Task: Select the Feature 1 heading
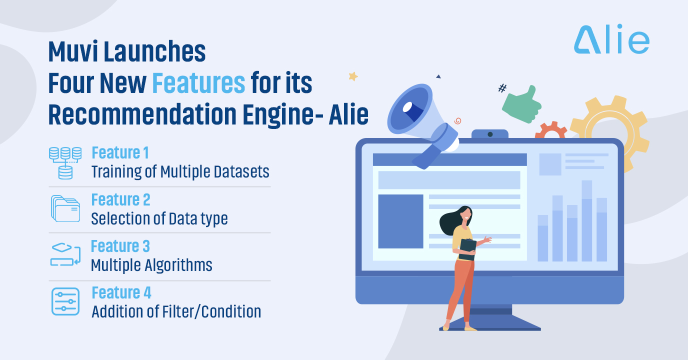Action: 120,152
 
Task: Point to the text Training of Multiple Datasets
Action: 180,171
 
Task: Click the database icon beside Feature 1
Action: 65,163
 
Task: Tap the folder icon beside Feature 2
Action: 65,208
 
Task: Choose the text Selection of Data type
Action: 159,218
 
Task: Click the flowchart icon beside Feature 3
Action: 65,254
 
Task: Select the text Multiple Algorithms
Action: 151,265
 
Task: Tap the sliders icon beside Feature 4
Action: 65,301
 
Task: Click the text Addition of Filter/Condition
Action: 176,311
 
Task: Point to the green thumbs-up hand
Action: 522,105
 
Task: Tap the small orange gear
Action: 551,130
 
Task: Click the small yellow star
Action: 353,76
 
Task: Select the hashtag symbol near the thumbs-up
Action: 502,88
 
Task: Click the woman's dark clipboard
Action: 467,249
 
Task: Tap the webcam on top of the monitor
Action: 490,134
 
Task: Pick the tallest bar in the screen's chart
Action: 586,221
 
